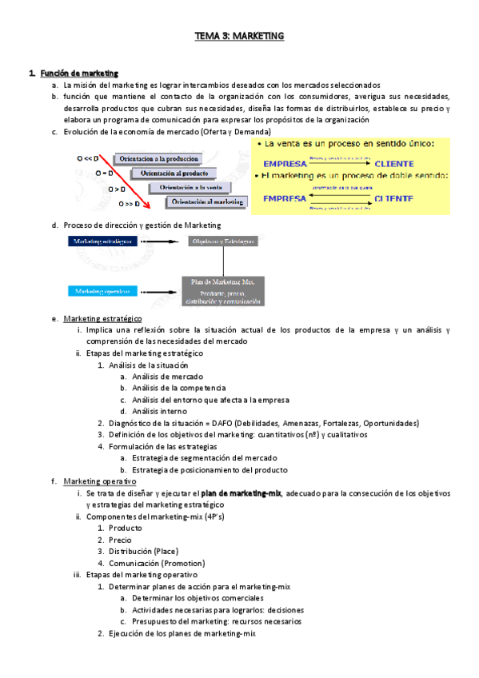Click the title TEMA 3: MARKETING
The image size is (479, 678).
click(240, 36)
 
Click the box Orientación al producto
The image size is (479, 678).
click(174, 173)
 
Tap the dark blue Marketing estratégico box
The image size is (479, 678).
click(102, 240)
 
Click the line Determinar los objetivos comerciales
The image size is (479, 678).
click(198, 598)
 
